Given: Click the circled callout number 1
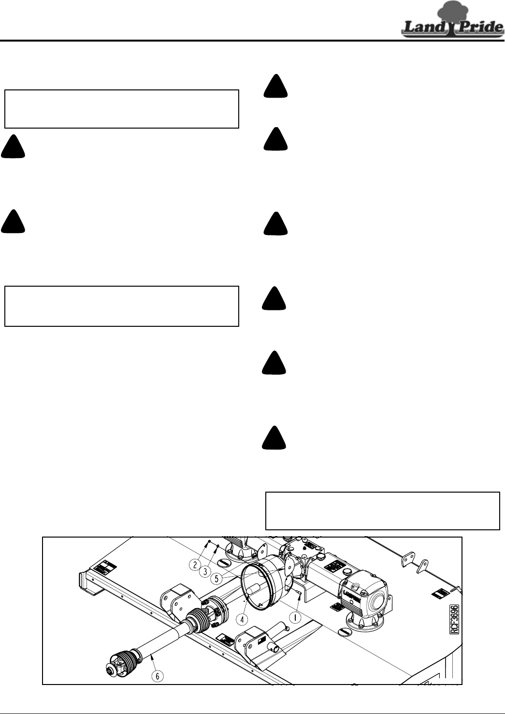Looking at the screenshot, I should point(295,617).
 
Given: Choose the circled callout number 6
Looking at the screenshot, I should point(158,676).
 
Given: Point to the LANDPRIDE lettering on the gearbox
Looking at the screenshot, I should point(353,596).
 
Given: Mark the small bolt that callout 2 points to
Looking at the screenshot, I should point(208,541).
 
